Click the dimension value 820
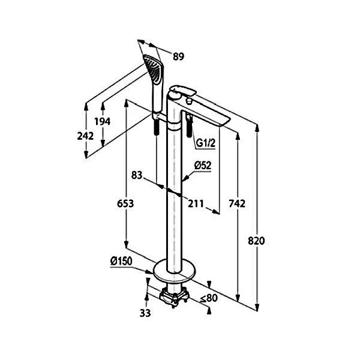tap(256, 241)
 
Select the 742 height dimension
tap(237, 203)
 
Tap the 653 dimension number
tap(125, 203)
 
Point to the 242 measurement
tap(85, 136)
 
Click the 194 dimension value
tap(103, 121)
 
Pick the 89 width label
tap(178, 56)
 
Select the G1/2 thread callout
tap(206, 143)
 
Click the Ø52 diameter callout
tap(203, 166)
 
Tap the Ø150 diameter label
tap(121, 261)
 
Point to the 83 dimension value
tap(137, 175)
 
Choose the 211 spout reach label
tap(196, 203)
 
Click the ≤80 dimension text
tap(209, 298)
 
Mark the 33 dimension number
tap(145, 313)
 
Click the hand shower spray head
tap(153, 68)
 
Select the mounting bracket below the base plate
tap(175, 296)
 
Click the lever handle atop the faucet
tap(182, 92)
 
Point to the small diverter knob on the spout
tap(190, 101)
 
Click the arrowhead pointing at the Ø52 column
tap(185, 179)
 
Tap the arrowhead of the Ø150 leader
tap(149, 272)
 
